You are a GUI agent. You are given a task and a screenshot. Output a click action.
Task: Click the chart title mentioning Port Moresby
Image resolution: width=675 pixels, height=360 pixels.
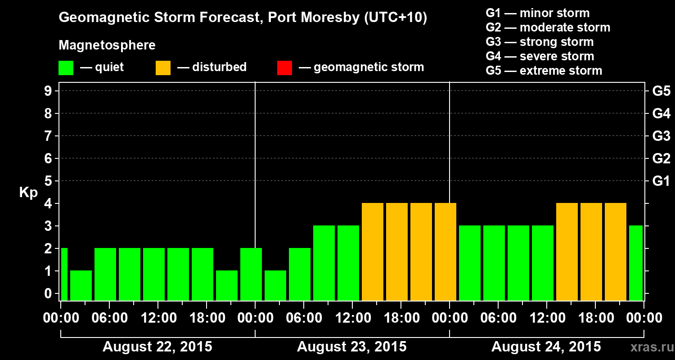click(243, 18)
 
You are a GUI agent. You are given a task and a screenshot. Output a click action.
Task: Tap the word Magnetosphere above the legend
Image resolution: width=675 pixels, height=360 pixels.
click(107, 45)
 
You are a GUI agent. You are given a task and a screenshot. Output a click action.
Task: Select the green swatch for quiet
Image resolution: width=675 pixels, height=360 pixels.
click(66, 68)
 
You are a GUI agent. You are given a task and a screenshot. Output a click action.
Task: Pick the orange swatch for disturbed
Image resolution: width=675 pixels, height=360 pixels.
click(163, 68)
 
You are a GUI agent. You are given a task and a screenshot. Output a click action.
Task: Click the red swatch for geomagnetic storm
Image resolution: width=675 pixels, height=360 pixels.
click(284, 68)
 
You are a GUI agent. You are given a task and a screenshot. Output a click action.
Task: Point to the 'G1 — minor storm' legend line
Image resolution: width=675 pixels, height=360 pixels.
click(537, 13)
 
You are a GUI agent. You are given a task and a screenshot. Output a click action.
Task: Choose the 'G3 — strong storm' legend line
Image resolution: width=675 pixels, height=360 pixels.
click(540, 42)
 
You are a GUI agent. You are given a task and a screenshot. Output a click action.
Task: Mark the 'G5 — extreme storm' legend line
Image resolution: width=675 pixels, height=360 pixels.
click(544, 71)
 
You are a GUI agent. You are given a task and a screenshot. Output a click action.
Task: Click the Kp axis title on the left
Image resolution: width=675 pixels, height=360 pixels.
click(28, 193)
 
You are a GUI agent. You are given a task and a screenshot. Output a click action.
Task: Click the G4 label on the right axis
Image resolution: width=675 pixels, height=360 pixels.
click(661, 113)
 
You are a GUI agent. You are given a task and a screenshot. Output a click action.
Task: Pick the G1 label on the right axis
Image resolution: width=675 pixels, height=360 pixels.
click(661, 181)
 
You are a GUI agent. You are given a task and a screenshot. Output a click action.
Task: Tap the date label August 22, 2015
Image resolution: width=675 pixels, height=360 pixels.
click(157, 347)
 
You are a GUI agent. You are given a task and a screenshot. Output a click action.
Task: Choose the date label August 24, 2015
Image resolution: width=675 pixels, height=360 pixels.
click(546, 347)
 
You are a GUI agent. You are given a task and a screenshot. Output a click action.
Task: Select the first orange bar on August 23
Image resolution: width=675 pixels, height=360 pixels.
click(373, 252)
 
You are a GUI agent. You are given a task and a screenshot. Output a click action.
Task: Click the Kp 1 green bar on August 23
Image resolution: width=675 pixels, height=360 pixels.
click(275, 285)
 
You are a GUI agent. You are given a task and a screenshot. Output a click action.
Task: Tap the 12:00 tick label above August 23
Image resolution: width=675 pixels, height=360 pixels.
click(352, 318)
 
